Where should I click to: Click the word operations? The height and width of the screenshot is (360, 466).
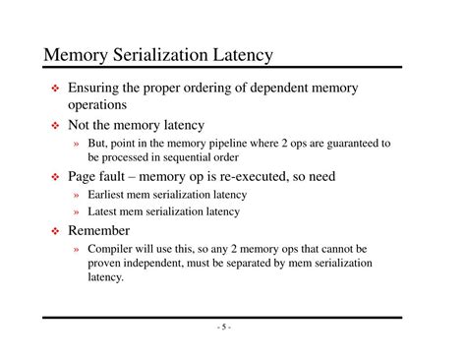pyautogui.click(x=97, y=104)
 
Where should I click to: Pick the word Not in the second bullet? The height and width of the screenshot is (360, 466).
pyautogui.click(x=80, y=125)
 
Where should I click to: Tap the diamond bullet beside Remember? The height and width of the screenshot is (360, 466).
pyautogui.click(x=56, y=231)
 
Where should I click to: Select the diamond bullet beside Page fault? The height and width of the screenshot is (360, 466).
pyautogui.click(x=56, y=178)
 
